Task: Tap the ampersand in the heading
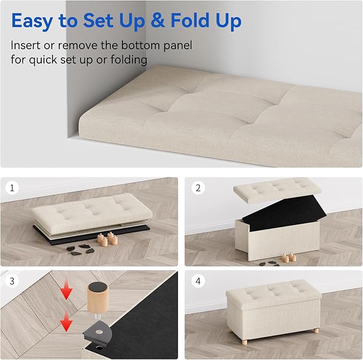point(157,21)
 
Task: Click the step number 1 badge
point(11,187)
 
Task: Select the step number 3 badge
point(11,280)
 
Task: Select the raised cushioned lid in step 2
point(277,189)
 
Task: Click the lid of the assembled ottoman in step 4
point(273,292)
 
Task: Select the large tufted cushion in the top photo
point(214,112)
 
